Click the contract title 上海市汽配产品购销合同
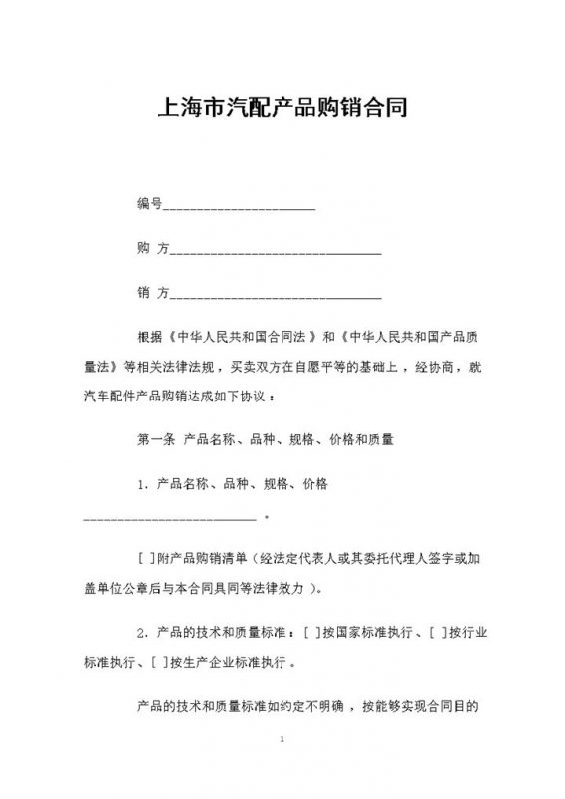click(x=282, y=106)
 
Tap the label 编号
click(x=148, y=204)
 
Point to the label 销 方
click(x=151, y=293)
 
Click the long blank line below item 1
click(x=169, y=518)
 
